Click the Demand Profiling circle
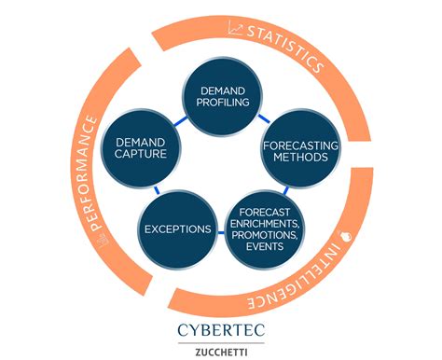[220, 95]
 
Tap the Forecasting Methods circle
[294, 151]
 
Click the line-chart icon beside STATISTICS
[234, 32]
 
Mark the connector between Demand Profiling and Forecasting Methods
[263, 119]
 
